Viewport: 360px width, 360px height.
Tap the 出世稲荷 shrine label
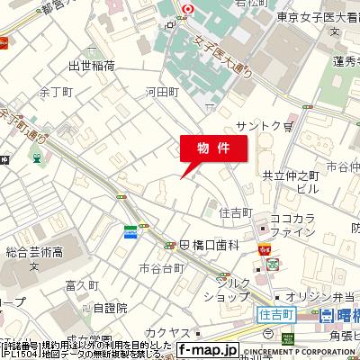[93, 66]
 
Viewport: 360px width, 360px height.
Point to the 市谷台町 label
[163, 267]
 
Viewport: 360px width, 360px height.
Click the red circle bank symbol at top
[188, 10]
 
